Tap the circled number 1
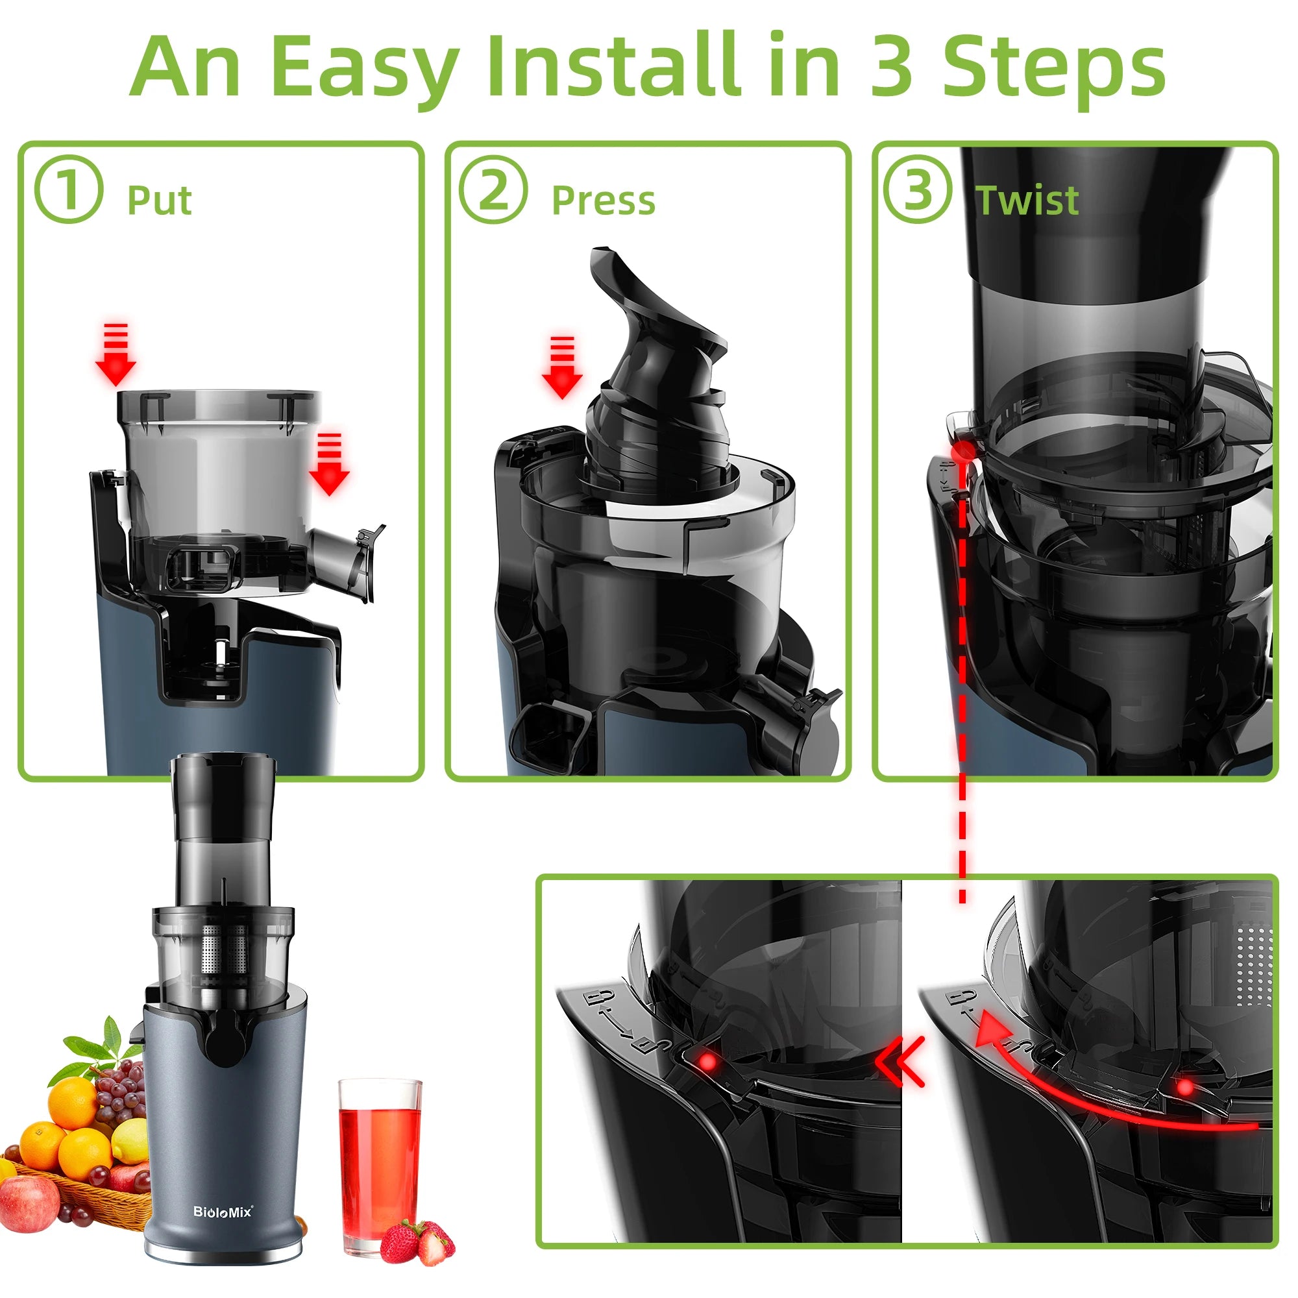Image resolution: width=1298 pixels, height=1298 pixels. (x=69, y=189)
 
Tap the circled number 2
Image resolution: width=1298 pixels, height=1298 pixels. (x=493, y=189)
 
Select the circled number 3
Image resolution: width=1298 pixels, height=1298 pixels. (x=917, y=189)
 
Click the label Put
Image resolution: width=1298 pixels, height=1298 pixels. (x=159, y=200)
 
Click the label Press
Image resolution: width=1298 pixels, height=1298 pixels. (x=603, y=200)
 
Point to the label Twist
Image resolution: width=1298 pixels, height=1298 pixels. (x=1027, y=200)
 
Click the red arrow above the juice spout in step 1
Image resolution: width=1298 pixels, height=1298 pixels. (x=328, y=465)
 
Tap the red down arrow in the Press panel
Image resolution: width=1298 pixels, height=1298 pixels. (x=561, y=368)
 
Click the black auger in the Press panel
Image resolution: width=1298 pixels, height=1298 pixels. (x=655, y=376)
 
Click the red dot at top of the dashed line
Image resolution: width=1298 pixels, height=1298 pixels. (x=962, y=450)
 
